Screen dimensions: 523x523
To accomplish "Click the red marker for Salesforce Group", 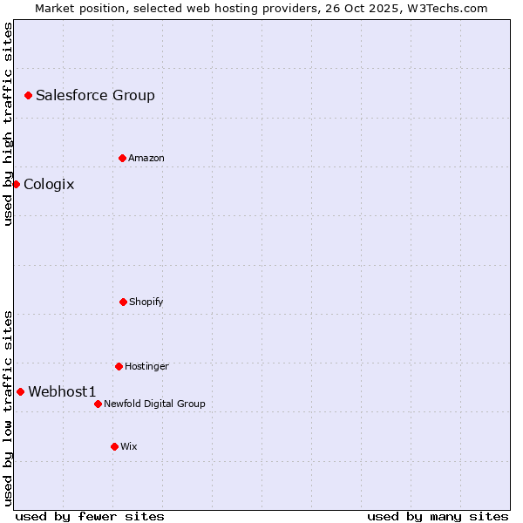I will coord(28,95).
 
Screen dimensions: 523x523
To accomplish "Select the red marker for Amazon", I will coord(123,158).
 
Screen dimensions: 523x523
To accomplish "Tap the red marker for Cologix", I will coord(16,184).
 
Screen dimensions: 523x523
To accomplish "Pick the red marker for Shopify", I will coord(124,302).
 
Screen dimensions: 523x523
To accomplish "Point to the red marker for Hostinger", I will coord(119,366).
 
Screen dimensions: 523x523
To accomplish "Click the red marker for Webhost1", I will coord(20,391).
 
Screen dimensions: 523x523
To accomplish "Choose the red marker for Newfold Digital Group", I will coord(98,404).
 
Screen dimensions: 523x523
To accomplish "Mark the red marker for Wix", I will coord(114,446).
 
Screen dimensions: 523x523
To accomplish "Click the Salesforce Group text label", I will coord(95,95).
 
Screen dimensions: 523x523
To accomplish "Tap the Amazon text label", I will coord(146,158).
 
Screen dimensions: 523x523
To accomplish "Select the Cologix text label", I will coord(49,184).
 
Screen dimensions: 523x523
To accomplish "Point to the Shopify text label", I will coord(146,302).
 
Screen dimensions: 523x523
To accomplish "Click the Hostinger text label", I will coord(146,366).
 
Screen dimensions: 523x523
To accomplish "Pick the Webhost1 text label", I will coord(62,391).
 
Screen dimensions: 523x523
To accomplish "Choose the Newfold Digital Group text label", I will coord(154,404).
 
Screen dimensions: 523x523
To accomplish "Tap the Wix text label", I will coord(129,446).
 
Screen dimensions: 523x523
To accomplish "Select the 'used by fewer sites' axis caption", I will coord(90,516).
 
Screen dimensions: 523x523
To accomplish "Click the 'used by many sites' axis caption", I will coord(438,516).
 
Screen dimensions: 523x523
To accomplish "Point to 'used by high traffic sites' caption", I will coord(8,124).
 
